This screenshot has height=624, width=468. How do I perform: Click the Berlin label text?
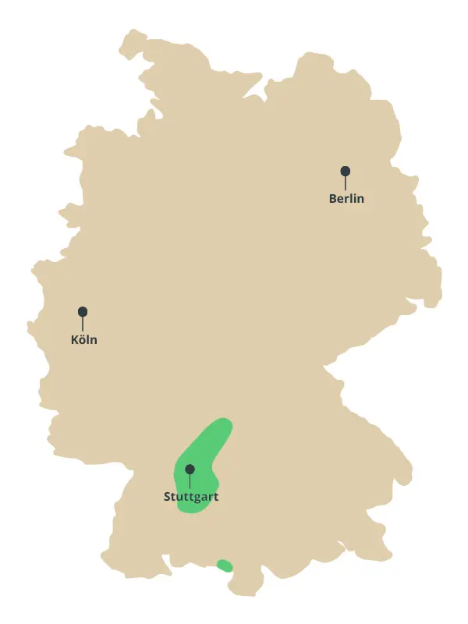point(346,199)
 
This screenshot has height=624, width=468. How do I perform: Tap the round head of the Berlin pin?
point(345,171)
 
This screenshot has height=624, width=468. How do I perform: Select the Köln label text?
point(83,340)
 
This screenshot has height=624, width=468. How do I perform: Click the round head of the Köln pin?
point(83,311)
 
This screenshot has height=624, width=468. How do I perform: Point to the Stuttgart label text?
point(191,497)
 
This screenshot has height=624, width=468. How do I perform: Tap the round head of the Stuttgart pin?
point(190,469)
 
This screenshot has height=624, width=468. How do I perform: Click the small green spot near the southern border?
point(225,565)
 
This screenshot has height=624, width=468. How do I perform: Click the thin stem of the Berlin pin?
point(345,183)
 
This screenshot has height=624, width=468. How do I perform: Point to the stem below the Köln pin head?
point(83,324)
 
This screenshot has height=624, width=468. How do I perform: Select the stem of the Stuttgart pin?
point(190,481)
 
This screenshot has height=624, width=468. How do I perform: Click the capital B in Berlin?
point(333,199)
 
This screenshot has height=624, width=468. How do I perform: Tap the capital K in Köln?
point(74,340)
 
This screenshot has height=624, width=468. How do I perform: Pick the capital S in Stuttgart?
point(168,497)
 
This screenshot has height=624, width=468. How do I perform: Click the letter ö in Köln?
point(82,340)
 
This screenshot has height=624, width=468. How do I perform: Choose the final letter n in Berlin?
point(360,199)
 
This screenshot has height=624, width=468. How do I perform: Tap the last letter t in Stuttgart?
point(216,497)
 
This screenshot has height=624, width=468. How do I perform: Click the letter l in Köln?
point(88,340)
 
